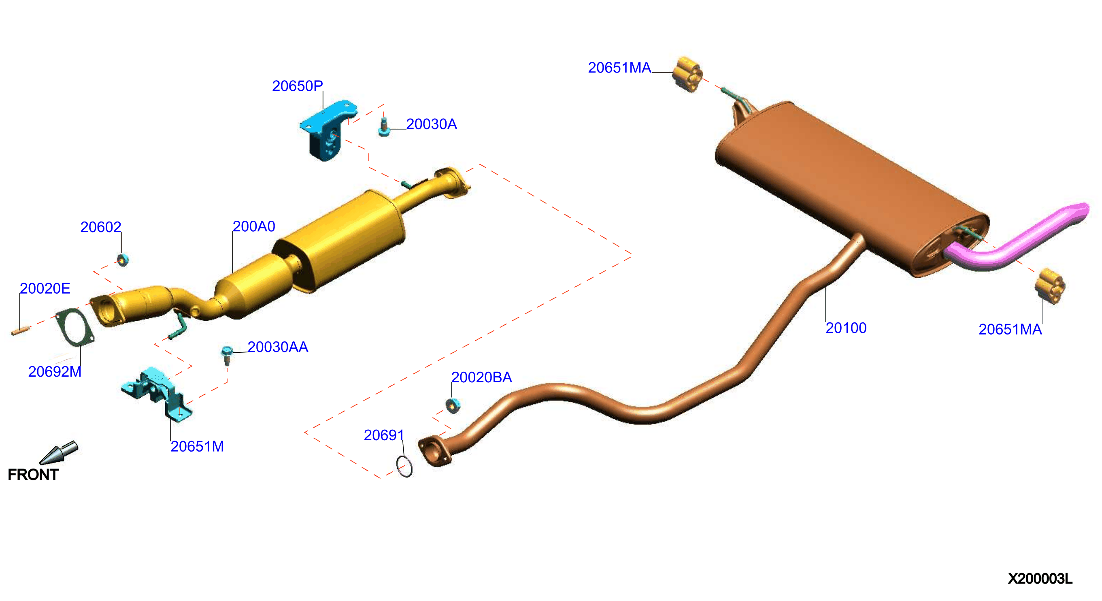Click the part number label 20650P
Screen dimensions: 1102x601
tap(297, 86)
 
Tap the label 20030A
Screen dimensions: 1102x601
tap(431, 124)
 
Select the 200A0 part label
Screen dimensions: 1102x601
tap(254, 226)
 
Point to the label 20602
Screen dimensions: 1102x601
tap(100, 227)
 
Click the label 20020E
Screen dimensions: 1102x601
tap(45, 288)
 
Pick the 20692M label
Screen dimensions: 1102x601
tap(55, 371)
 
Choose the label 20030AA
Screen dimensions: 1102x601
tap(278, 347)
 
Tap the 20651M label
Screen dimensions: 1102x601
tap(197, 446)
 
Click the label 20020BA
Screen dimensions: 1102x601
tap(481, 377)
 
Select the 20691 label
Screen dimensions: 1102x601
tap(384, 435)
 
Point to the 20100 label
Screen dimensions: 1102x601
tap(846, 328)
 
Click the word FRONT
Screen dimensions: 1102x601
tap(33, 475)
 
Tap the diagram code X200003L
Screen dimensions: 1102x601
tap(1040, 579)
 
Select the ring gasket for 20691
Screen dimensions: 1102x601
tap(404, 467)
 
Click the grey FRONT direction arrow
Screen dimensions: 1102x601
tap(59, 453)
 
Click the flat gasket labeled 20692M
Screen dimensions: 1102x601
tap(74, 326)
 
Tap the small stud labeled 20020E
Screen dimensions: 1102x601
tap(20, 331)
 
